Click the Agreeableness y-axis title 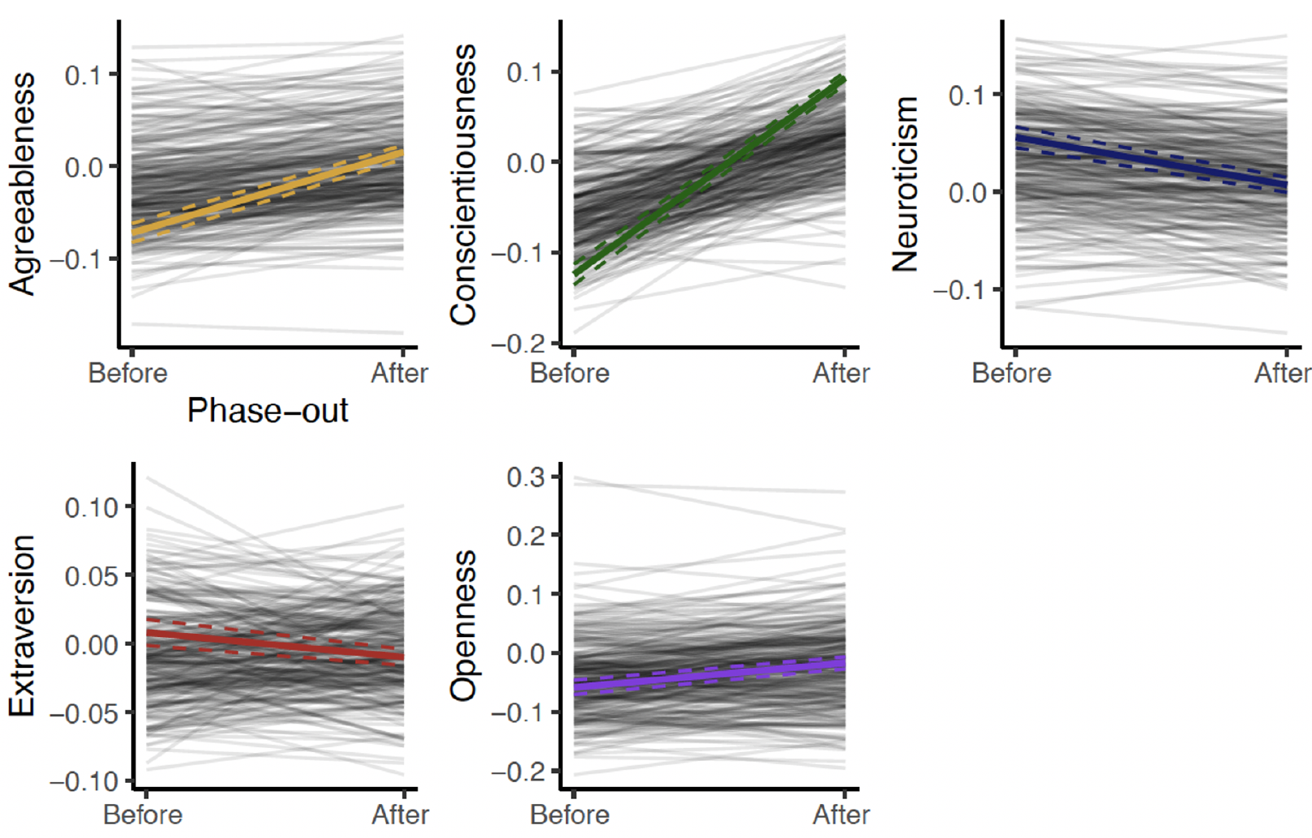click(23, 184)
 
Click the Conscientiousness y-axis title click(463, 185)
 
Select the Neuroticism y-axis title click(905, 184)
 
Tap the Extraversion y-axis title click(23, 626)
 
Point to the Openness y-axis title click(463, 626)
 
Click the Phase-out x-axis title click(268, 411)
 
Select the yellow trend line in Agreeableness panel click(268, 192)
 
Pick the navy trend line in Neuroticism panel click(1151, 163)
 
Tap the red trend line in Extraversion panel click(276, 644)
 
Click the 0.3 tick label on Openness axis click(526, 477)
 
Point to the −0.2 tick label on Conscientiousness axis click(520, 344)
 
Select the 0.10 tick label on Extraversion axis click(92, 508)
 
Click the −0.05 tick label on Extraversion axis click(84, 714)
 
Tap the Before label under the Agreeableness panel click(128, 374)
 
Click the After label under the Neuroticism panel click(1282, 374)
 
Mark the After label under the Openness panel click(841, 814)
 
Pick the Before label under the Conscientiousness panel click(570, 374)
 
